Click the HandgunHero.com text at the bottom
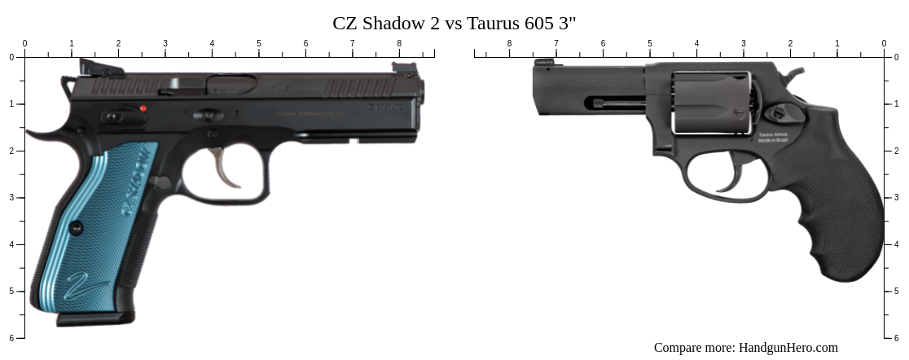(788, 347)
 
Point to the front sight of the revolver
(543, 63)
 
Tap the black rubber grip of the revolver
(839, 212)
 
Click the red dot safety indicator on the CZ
(143, 108)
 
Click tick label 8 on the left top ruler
(399, 44)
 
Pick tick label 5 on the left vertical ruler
(11, 292)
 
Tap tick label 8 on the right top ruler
(510, 44)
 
